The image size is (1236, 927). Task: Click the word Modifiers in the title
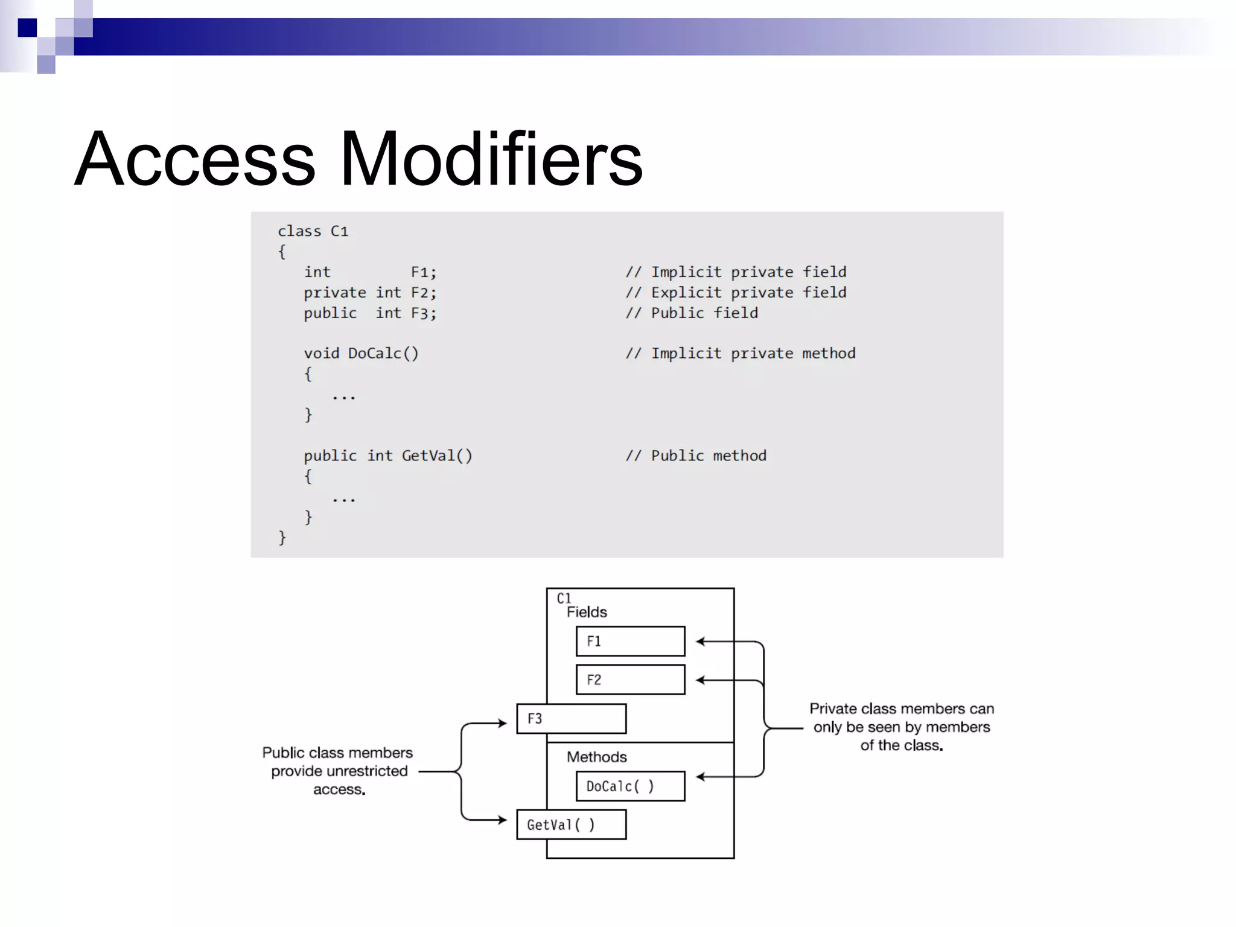(491, 159)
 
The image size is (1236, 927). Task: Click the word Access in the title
(195, 159)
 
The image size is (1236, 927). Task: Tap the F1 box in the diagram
(630, 641)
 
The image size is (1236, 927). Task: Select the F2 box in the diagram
(630, 680)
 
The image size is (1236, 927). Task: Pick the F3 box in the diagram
(571, 719)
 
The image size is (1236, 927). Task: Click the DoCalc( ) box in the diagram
(630, 786)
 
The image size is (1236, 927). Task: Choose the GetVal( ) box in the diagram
(571, 824)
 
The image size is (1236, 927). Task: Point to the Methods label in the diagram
(596, 757)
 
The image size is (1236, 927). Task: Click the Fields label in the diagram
(587, 612)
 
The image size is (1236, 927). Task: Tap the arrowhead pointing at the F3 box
(502, 723)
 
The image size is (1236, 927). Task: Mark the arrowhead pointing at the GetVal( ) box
(502, 820)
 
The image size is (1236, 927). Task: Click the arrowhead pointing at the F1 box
(701, 642)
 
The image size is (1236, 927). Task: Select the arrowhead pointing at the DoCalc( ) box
(701, 777)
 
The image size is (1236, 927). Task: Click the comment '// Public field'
(692, 313)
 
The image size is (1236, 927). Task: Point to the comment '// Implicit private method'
(741, 353)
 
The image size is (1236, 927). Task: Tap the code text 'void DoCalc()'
(361, 353)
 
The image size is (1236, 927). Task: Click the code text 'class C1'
(313, 231)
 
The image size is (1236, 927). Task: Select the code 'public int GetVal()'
(388, 456)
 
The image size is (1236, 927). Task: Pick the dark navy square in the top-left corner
(27, 28)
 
